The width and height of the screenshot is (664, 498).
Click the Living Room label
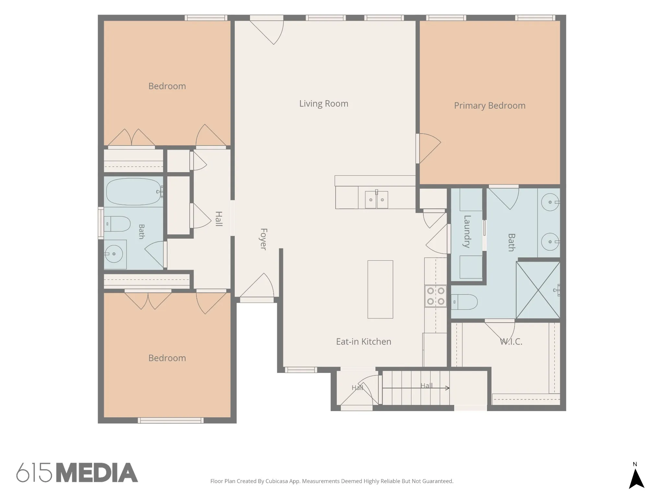click(324, 104)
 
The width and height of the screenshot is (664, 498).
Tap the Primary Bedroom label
click(490, 106)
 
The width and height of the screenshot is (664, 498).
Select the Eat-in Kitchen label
click(363, 342)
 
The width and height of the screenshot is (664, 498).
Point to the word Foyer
click(264, 239)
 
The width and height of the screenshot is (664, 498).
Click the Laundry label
click(467, 231)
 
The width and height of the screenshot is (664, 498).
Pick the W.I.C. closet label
click(511, 342)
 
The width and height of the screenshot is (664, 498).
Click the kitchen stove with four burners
click(436, 296)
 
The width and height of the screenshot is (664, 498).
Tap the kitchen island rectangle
click(380, 290)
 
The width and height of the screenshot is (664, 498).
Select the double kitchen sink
click(376, 199)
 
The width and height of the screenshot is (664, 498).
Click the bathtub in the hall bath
click(134, 192)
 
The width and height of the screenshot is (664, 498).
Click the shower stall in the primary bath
click(538, 290)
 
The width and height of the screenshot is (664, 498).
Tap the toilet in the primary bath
click(464, 302)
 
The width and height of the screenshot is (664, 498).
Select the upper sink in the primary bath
click(550, 202)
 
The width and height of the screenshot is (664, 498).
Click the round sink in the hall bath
click(113, 254)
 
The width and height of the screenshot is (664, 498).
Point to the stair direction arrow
click(416, 388)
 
